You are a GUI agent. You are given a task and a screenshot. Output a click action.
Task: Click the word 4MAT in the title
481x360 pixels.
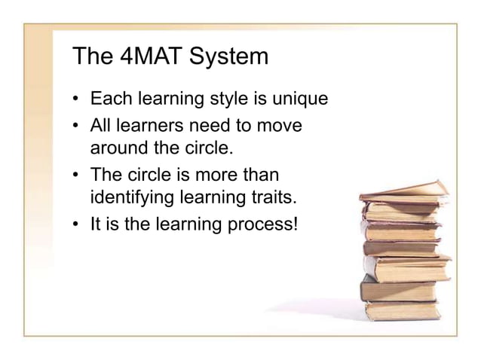[x=148, y=58]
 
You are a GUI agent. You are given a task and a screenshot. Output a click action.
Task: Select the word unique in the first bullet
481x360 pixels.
[x=302, y=99]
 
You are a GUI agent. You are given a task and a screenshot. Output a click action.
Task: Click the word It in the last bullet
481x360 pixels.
[x=96, y=224]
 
